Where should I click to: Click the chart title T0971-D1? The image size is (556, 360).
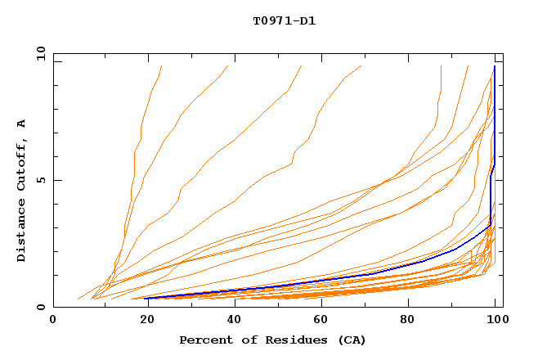(284, 20)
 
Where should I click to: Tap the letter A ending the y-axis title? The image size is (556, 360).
(21, 124)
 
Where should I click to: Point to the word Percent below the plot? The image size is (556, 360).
(204, 340)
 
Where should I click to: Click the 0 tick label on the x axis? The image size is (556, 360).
(53, 321)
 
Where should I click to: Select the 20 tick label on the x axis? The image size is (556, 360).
(142, 321)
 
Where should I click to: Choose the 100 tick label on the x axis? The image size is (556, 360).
(495, 321)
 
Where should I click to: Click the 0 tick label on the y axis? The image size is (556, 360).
(40, 308)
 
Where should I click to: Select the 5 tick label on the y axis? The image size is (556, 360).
(40, 180)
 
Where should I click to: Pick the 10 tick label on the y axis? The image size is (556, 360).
(38, 53)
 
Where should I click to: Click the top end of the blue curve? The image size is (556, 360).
(495, 66)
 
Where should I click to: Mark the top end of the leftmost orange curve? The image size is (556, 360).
(162, 66)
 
